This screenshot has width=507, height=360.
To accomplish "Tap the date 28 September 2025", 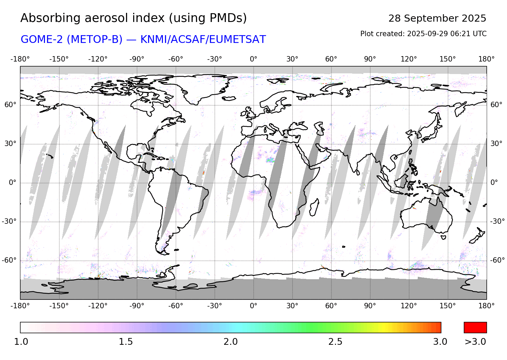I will tap(437, 18).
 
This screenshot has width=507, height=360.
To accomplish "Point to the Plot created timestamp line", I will tap(423, 34).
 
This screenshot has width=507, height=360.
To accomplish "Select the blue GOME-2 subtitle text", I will tap(143, 40).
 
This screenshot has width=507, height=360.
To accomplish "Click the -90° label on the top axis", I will tap(137, 59).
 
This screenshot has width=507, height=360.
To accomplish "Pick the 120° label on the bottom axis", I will tap(409, 306).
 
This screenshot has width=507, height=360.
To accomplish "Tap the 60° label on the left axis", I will tap(10, 105).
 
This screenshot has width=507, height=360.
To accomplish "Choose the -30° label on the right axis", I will tap(497, 221).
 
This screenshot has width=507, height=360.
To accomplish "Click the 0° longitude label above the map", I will tap(254, 59).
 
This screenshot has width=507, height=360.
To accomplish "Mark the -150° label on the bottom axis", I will tap(59, 306).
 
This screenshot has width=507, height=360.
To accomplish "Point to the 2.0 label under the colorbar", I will tap(231, 342).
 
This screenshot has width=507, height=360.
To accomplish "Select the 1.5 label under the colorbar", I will tap(126, 342).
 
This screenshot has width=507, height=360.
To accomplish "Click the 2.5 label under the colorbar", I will tap(335, 342).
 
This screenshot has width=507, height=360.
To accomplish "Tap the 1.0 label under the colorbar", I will tap(21, 342).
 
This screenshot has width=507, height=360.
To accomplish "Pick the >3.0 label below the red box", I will tap(475, 342).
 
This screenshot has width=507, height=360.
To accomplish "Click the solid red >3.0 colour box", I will tap(475, 328).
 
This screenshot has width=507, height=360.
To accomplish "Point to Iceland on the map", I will tap(229, 98).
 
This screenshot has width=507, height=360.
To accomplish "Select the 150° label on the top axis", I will tap(448, 59).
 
